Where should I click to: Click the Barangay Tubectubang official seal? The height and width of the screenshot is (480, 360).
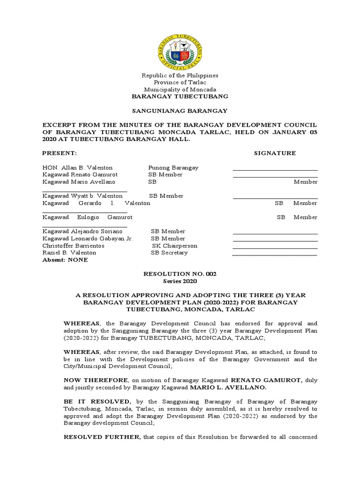point(180,50)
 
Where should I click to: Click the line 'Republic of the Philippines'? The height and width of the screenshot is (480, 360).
point(180,75)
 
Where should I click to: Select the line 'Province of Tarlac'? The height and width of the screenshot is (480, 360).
point(180,82)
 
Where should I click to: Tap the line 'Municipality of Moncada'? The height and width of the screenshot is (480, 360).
point(180,90)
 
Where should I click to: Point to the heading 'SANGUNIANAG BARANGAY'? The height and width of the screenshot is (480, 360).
point(180,111)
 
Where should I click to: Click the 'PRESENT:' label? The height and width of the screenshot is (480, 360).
point(59,153)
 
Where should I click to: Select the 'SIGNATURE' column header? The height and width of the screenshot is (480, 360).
point(275,153)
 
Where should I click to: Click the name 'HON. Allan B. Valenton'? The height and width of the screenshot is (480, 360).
point(77,167)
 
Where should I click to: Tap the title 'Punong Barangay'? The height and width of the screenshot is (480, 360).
point(173,167)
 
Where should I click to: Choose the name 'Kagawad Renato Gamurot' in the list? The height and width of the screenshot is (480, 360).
point(79,174)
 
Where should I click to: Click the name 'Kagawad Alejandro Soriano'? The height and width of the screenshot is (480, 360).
point(82,231)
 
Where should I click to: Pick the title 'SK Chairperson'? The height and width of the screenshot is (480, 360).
point(174,246)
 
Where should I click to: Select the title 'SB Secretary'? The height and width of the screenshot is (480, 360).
point(169,253)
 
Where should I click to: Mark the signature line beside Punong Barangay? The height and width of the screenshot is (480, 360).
point(275,169)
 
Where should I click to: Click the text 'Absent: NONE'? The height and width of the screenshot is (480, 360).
point(65,260)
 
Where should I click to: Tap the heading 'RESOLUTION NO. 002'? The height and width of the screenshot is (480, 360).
point(180,274)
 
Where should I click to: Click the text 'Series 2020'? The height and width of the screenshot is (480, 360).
point(180,281)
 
